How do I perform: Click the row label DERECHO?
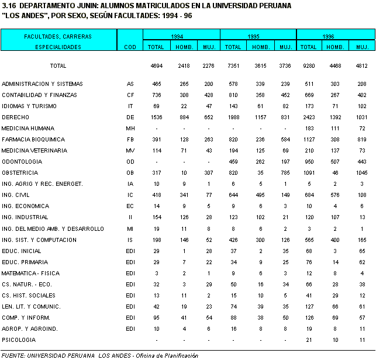[15, 117]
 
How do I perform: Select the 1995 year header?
[253, 36]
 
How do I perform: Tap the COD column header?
[130, 46]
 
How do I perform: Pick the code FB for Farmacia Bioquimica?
[130, 140]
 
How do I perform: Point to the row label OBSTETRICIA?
[20, 173]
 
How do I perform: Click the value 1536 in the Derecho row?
[156, 117]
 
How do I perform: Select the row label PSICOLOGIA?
[18, 340]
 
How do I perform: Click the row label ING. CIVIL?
[16, 195]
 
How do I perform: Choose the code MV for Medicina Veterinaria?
[130, 151]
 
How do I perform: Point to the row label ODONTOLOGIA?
[20, 162]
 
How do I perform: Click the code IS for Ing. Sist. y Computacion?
[130, 240]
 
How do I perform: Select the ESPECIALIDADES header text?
[58, 46]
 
